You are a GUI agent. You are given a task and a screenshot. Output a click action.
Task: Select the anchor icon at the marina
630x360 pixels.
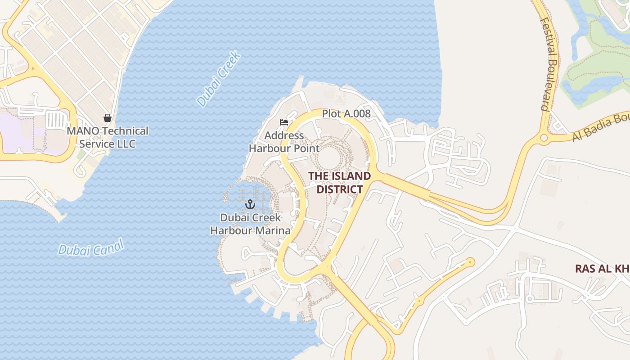pos(250,205)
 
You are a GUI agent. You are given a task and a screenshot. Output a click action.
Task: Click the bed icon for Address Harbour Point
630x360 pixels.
pos(283,122)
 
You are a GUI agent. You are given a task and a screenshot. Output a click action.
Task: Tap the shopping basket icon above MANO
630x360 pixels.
pos(108,118)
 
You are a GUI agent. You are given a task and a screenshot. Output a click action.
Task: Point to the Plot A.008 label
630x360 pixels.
pos(346,113)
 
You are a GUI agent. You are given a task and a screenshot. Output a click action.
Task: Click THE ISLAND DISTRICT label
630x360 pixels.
pos(340,182)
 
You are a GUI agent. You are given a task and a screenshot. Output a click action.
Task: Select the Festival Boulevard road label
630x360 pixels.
pos(549,64)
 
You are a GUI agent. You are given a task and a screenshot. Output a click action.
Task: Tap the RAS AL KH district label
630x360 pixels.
pos(602,269)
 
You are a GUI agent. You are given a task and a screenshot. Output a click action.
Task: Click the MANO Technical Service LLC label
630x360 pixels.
pos(107,137)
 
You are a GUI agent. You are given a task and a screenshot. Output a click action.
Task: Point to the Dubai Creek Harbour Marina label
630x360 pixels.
pos(251,224)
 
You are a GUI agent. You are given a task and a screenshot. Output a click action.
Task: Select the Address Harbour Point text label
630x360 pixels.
pos(284,142)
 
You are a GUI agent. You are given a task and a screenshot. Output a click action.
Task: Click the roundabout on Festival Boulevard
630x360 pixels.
pos(543,138)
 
